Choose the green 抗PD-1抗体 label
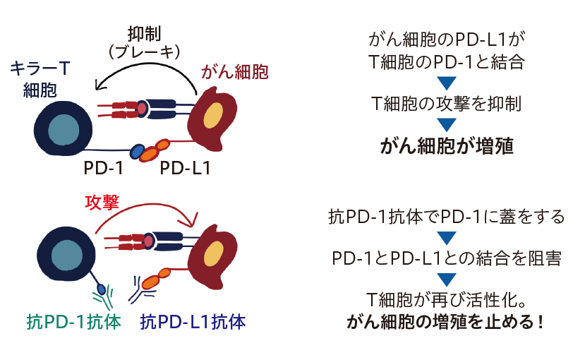70,322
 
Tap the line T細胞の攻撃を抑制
446,104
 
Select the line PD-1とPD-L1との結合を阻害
446,258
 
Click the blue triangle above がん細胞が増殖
446,125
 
